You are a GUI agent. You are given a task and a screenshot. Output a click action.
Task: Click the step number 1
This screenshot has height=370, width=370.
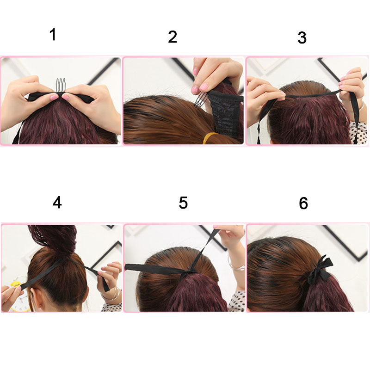[53, 35]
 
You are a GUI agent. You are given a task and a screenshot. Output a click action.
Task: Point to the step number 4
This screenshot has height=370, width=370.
[57, 203]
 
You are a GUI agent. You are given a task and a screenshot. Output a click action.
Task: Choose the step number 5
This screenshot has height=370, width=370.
[183, 203]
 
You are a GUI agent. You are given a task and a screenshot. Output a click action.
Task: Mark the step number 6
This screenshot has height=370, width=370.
[303, 203]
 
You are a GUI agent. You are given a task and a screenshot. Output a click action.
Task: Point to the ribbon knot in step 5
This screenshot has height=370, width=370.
[189, 274]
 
